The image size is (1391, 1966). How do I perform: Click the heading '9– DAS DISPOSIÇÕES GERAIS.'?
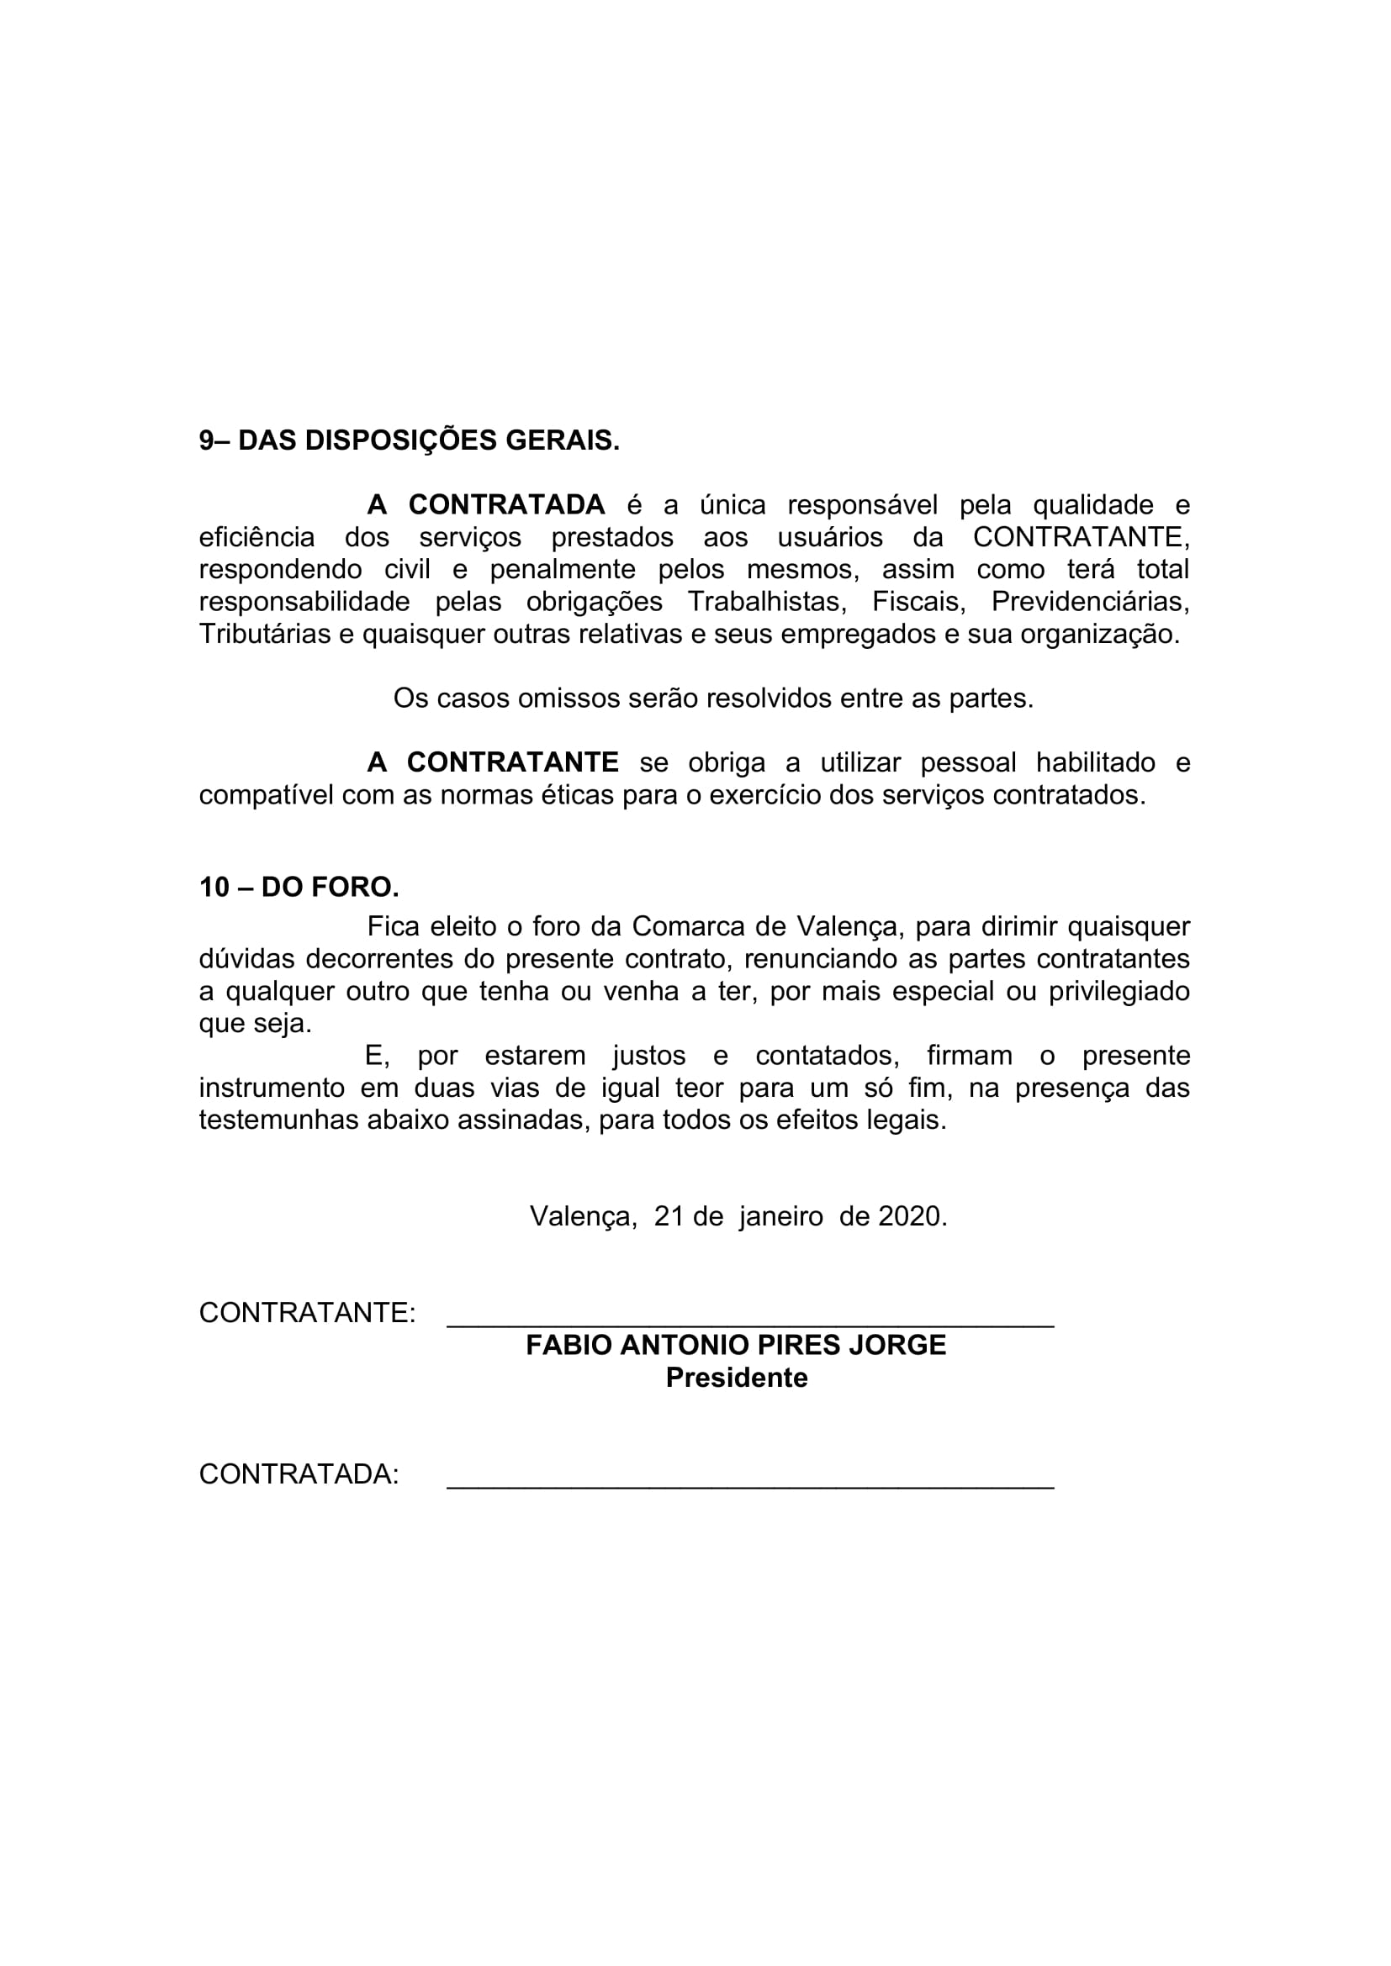pos(409,441)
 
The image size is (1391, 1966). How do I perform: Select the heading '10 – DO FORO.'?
pos(299,887)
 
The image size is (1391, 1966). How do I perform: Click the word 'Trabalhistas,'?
pos(767,602)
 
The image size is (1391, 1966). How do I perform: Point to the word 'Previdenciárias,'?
pos(1089,602)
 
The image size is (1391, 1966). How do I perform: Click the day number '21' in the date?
pos(669,1217)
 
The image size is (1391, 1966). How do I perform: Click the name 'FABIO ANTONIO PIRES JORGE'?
pos(736,1345)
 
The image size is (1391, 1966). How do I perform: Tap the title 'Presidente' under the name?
pos(737,1378)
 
